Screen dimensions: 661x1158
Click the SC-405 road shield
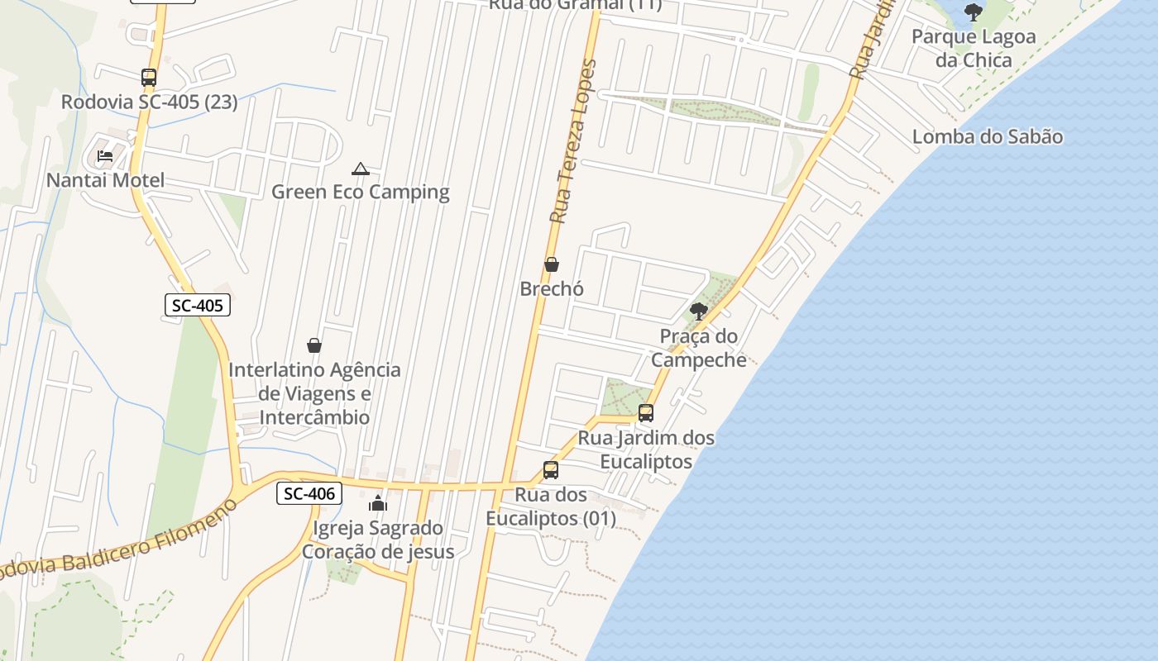point(197,305)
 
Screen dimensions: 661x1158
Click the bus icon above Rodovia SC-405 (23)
point(149,78)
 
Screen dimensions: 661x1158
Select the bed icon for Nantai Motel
point(105,155)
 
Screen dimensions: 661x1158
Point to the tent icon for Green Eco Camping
point(360,169)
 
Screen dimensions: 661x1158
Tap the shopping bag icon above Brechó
point(552,264)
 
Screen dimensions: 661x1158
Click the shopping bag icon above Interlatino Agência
point(314,345)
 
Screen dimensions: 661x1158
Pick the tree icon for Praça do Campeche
point(699,311)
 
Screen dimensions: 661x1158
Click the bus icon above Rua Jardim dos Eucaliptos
point(646,412)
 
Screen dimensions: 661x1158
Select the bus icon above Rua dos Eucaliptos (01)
point(551,470)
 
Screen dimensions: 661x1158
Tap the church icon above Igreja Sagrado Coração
point(378,502)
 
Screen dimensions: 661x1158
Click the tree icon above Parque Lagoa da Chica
point(974,12)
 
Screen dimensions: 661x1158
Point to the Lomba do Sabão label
point(988,136)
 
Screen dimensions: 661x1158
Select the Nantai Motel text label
point(106,180)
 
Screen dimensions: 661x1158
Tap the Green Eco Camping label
point(361,193)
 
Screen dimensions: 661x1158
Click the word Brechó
point(552,289)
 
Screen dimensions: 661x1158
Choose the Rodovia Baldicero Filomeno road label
point(116,545)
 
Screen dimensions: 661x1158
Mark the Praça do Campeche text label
point(699,348)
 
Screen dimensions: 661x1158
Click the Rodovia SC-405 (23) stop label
point(150,102)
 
